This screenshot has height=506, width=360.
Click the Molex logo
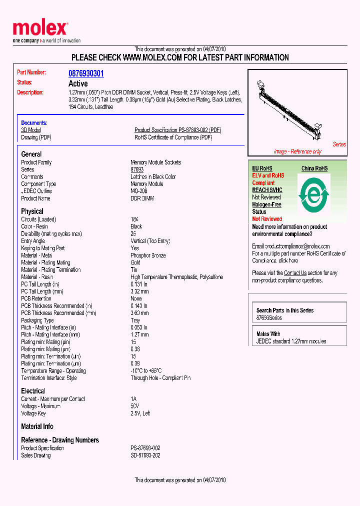coord(40,31)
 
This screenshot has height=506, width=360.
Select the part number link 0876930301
coord(86,73)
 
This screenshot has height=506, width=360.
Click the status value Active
coord(77,83)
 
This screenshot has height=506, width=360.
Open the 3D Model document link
coord(30,130)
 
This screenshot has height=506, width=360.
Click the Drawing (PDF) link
coord(36,137)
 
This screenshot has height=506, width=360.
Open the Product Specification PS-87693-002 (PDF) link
coord(177,130)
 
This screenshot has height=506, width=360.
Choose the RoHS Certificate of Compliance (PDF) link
coord(173,137)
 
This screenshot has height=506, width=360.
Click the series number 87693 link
coord(137,169)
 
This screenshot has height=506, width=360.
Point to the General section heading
coord(31,154)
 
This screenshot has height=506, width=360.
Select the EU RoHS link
coord(262,168)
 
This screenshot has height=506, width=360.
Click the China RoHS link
coord(314,168)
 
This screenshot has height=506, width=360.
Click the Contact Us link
coord(295,273)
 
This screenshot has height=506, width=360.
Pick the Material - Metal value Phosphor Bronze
coord(148,255)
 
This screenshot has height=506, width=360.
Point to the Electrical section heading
coord(33,391)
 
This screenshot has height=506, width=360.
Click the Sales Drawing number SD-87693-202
coord(145,455)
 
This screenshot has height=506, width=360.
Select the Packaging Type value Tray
coord(135,320)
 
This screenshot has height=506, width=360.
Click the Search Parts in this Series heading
coord(285,310)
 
